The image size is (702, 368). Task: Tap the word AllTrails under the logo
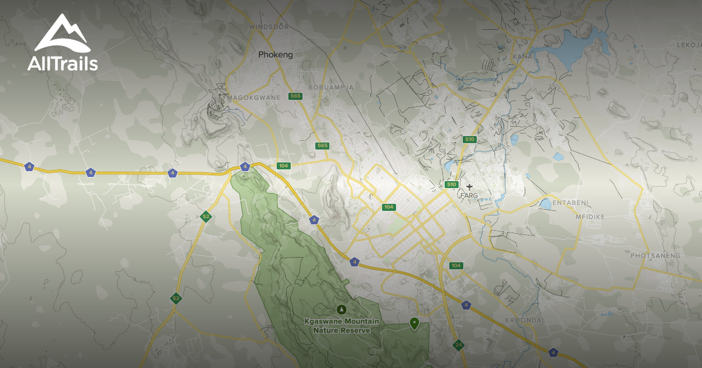point(63,64)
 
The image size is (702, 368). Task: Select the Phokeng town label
point(276,55)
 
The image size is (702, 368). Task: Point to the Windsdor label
point(270,27)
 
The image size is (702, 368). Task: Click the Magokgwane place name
point(254,97)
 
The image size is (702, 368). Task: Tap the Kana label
point(521,56)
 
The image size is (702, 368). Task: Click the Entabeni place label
point(570,203)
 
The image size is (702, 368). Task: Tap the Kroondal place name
point(525,321)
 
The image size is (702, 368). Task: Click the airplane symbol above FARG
point(469,187)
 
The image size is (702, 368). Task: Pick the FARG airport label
point(470,195)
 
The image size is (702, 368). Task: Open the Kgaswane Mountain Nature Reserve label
point(342,326)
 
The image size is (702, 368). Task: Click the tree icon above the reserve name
point(342,309)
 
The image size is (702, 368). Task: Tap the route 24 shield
point(458,344)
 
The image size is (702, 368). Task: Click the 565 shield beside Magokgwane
point(295,96)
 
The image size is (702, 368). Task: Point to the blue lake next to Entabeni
point(545,204)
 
